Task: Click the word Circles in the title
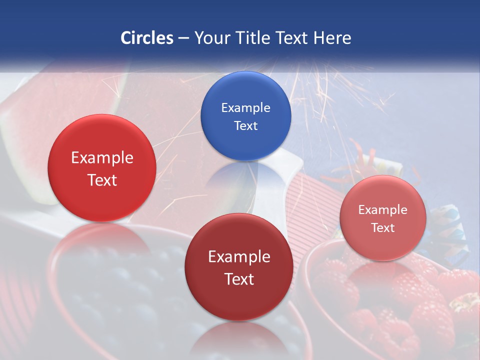146,38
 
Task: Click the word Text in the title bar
292,38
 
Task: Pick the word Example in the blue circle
245,108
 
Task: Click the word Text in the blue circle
245,126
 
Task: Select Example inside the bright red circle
102,158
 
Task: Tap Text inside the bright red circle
102,180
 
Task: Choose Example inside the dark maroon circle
239,257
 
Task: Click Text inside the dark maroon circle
239,279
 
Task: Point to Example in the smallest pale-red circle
382,210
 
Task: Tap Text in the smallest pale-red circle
382,228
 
